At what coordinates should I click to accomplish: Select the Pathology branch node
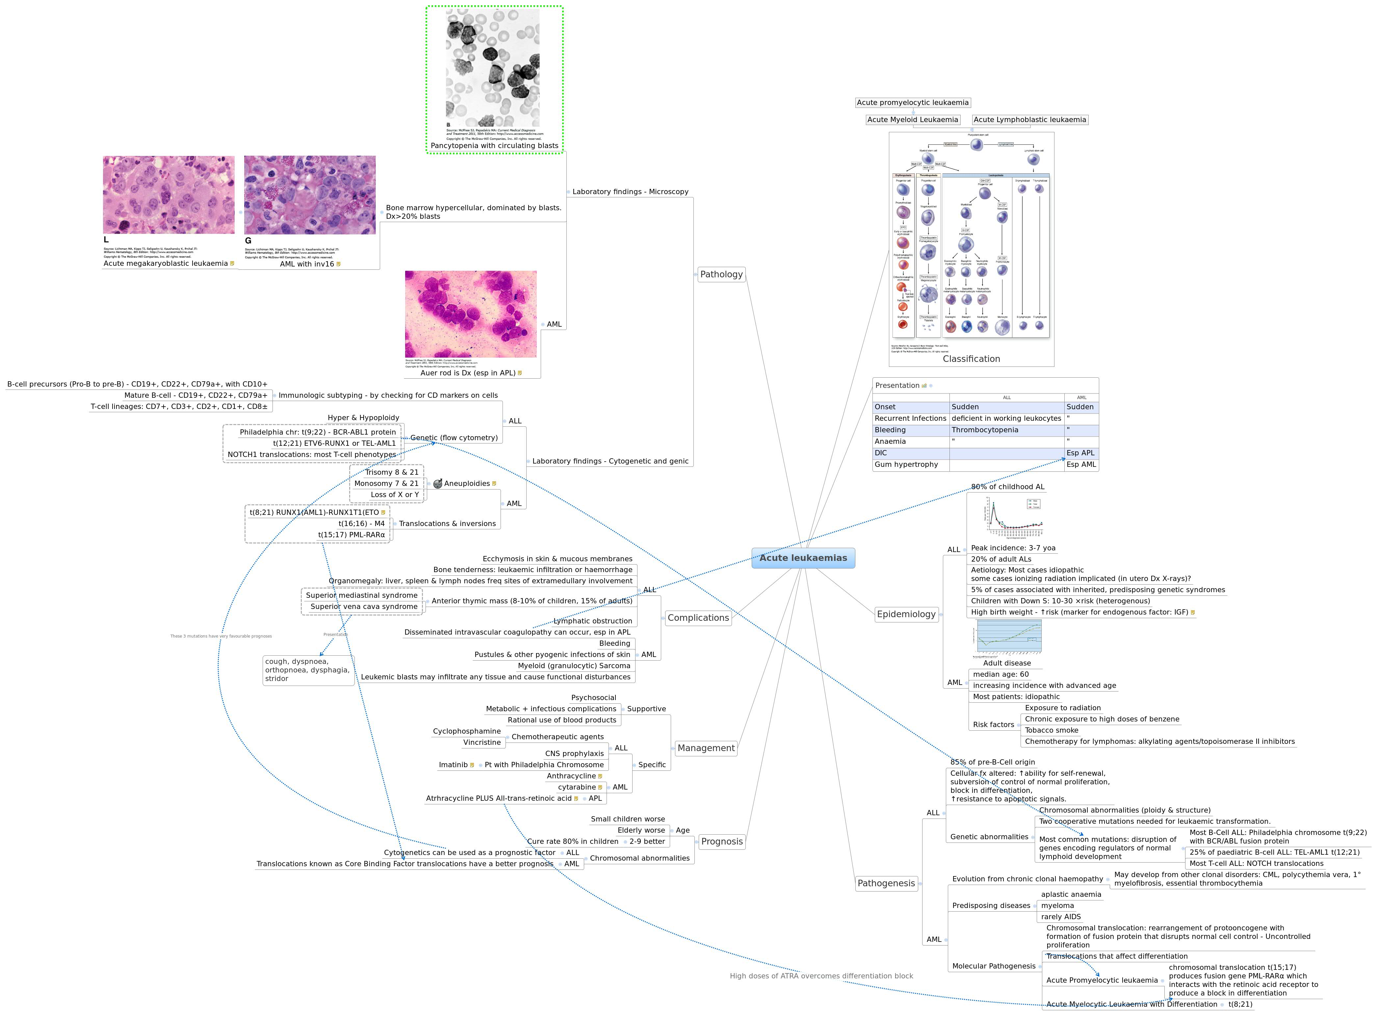click(x=721, y=274)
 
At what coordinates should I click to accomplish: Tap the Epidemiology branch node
click(x=906, y=614)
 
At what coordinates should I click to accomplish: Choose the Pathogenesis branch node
click(x=886, y=883)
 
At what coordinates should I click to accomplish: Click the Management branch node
click(x=706, y=748)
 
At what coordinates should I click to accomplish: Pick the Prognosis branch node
click(x=721, y=841)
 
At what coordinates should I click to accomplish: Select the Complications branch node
click(x=698, y=618)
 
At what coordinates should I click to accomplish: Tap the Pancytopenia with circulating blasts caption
click(x=494, y=146)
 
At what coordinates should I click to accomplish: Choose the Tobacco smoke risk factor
click(x=1052, y=731)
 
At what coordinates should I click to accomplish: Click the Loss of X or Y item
click(x=395, y=495)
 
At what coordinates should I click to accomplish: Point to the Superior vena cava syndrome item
click(x=364, y=607)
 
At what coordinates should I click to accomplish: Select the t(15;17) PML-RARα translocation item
click(x=351, y=535)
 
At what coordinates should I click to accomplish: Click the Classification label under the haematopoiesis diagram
click(x=971, y=359)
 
